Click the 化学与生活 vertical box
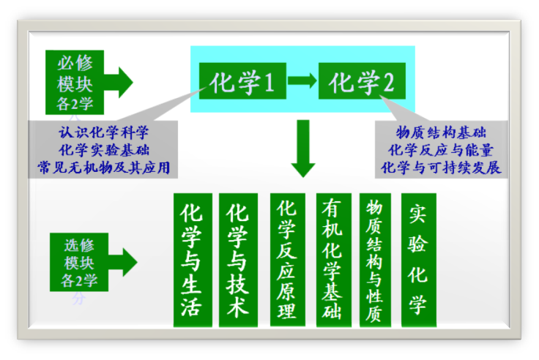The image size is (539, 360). pyautogui.click(x=193, y=260)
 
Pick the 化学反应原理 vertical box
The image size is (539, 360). pyautogui.click(x=286, y=260)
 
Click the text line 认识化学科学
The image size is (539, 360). pyautogui.click(x=104, y=132)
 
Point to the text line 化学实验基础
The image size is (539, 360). pyautogui.click(x=104, y=150)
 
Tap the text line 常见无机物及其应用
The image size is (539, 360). pyautogui.click(x=104, y=168)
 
